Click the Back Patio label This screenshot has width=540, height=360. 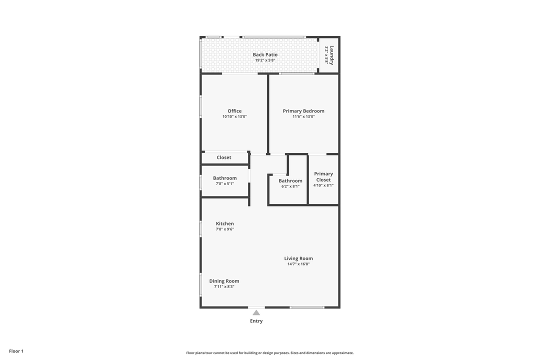(265, 54)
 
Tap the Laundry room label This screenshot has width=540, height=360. (331, 55)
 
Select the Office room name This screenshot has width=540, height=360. (234, 111)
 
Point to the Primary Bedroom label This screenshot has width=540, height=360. (303, 111)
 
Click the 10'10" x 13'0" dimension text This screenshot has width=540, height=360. (234, 116)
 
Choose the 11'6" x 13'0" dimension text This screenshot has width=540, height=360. (303, 116)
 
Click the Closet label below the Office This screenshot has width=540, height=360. (224, 157)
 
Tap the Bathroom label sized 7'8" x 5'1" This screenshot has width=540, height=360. (224, 178)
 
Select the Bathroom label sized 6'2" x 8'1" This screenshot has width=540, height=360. (290, 180)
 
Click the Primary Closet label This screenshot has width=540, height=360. (323, 176)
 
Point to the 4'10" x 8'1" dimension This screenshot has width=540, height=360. (323, 185)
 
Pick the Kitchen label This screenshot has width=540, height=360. (224, 223)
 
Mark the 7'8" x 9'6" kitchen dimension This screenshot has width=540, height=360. (224, 229)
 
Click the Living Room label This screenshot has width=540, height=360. (298, 258)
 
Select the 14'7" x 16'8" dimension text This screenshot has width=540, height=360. (298, 264)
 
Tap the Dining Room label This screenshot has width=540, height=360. (224, 281)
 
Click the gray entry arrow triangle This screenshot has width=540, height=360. (256, 312)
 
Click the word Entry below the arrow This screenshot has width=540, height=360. (256, 321)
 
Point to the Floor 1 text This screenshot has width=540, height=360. (16, 351)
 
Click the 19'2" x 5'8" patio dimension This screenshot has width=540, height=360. (265, 60)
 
